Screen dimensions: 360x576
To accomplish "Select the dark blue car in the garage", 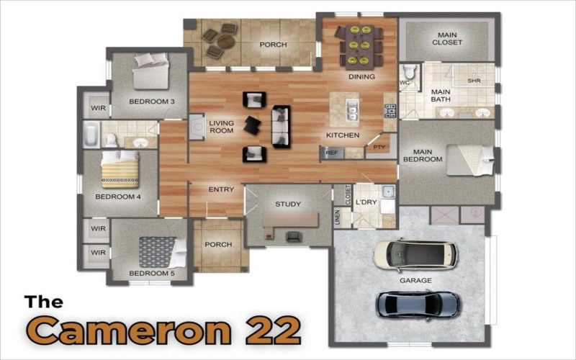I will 418,305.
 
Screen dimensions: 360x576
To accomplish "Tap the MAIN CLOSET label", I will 447,38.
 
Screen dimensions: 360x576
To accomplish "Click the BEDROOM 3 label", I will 152,102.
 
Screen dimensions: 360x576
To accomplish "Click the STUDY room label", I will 288,204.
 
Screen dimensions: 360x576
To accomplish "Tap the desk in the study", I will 291,222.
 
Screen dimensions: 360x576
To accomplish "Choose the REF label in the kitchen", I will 331,153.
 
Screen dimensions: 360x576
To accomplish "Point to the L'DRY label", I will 366,202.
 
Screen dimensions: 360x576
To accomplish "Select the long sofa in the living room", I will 280,126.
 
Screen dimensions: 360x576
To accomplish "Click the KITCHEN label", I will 343,135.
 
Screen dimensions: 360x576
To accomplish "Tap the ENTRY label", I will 221,190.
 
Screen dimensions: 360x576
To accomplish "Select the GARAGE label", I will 415,280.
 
